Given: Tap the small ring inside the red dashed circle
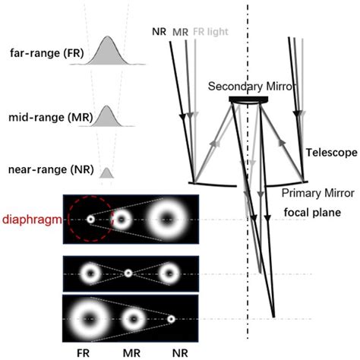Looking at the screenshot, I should (90, 219).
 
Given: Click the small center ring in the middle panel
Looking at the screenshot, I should (128, 272).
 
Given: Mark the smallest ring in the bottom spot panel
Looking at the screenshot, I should (172, 320).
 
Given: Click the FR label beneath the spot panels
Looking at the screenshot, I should (87, 352).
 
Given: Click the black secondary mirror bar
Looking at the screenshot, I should (248, 99).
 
